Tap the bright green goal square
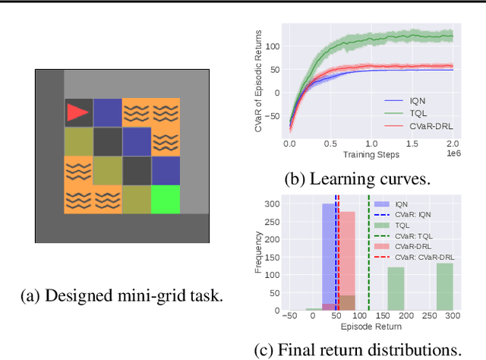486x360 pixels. point(165,199)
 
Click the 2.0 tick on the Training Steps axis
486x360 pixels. point(453,144)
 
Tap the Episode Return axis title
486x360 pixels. point(371,327)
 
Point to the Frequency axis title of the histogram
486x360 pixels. point(258,254)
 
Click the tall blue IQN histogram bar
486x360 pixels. point(329,258)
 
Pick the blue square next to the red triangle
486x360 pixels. point(106,112)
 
